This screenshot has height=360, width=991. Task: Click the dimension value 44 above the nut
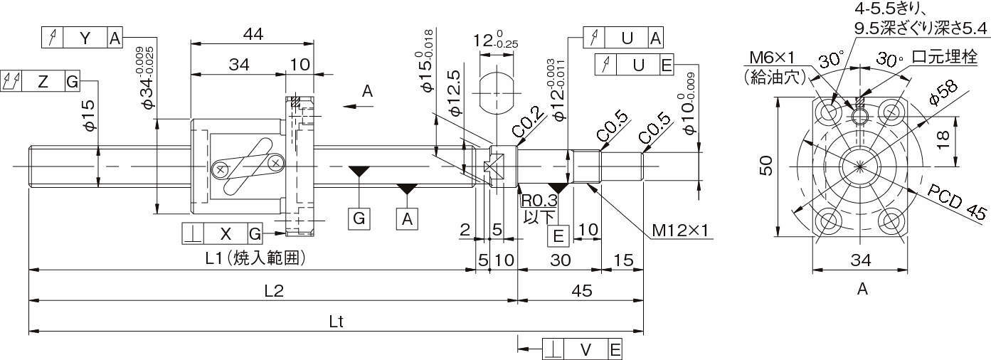tap(253, 33)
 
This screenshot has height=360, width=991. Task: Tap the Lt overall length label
tap(336, 321)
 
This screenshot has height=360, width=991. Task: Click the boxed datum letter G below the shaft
tap(360, 218)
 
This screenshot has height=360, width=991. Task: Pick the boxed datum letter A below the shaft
tap(407, 218)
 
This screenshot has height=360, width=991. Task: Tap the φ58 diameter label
tap(941, 92)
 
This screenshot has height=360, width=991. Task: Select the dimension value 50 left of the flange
tap(764, 166)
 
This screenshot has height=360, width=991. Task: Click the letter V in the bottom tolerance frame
tap(585, 349)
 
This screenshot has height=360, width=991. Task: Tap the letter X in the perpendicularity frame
tap(226, 233)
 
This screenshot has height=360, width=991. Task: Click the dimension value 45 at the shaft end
tap(581, 290)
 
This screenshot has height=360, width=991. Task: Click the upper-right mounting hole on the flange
tap(891, 112)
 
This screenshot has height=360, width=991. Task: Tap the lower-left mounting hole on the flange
tap(830, 221)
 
